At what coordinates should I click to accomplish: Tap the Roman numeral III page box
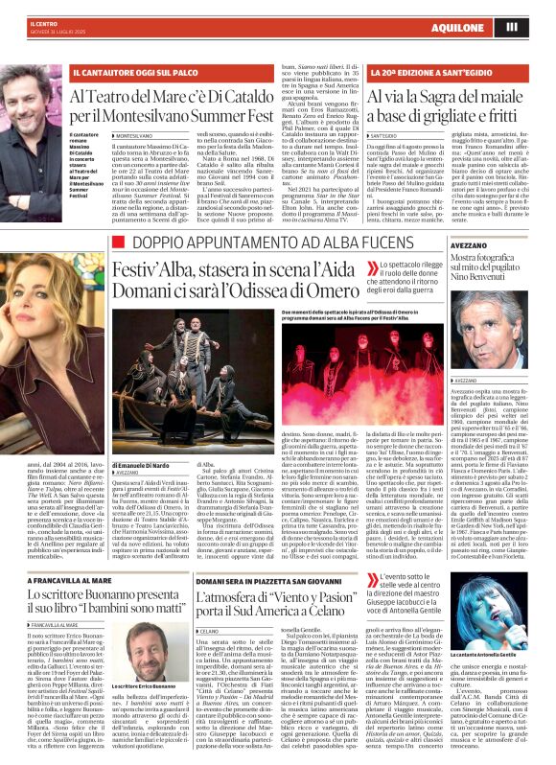538,27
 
